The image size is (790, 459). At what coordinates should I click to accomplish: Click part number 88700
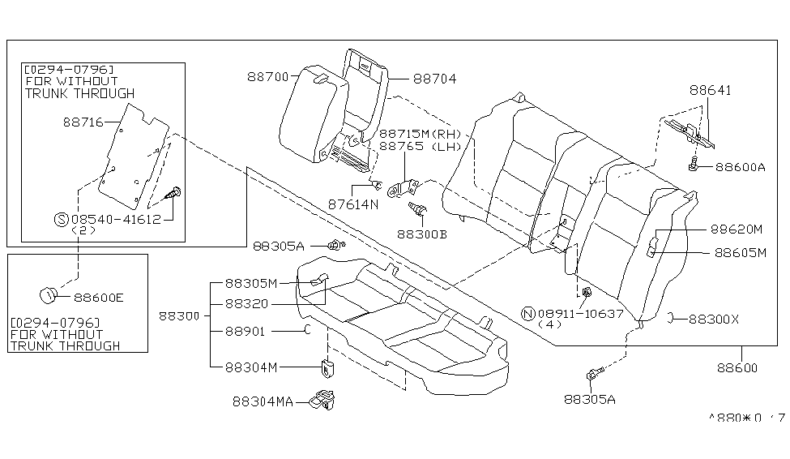[x=267, y=77]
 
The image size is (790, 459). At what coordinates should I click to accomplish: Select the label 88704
[x=434, y=79]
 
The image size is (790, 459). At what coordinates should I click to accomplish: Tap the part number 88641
[x=711, y=90]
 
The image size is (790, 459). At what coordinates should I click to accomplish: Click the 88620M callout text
[x=737, y=229]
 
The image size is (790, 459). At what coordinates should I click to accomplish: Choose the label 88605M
[x=739, y=252]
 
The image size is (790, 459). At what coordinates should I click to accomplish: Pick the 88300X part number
[x=713, y=320]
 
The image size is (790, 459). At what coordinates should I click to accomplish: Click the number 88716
[x=83, y=122]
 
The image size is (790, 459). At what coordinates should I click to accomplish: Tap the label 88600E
[x=98, y=298]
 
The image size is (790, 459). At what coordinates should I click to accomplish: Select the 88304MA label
[x=263, y=401]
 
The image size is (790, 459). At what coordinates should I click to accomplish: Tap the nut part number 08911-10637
[x=579, y=313]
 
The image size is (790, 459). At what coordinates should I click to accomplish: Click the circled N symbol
[x=526, y=313]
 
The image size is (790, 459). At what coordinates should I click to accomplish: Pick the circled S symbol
[x=60, y=219]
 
